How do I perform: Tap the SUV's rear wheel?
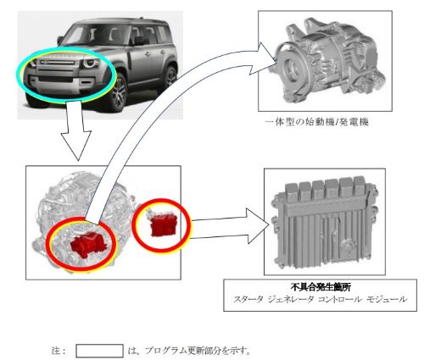point(170,76)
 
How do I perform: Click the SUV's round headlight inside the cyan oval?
point(91,64)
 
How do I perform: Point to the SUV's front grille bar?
point(57,63)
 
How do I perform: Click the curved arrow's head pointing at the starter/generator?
point(263,58)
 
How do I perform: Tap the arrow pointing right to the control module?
point(230,226)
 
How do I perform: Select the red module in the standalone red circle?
point(164,225)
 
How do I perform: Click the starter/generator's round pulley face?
point(291,67)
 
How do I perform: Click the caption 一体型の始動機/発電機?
point(317,122)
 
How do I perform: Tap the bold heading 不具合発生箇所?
point(321,288)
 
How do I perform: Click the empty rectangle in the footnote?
point(99,351)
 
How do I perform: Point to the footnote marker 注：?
point(59,351)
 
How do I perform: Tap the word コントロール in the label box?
point(340,299)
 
